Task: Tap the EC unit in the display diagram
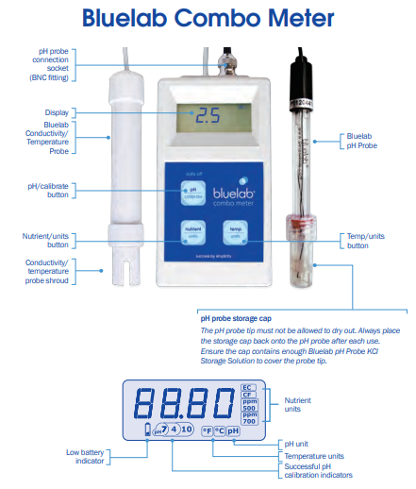[x=248, y=387]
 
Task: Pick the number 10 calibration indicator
[x=187, y=430]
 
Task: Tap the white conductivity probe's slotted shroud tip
[x=119, y=274]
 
